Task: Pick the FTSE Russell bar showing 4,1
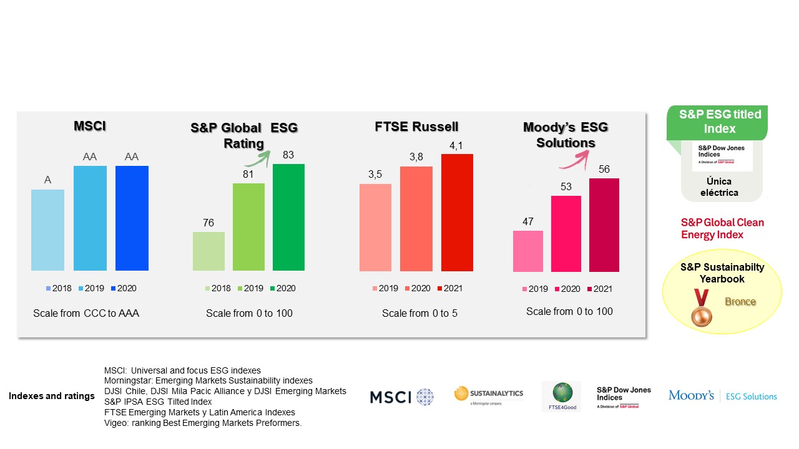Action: [457, 212]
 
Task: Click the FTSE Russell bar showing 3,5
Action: [375, 227]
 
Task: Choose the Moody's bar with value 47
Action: [528, 251]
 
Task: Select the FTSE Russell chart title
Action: [416, 127]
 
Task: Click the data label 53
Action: [566, 186]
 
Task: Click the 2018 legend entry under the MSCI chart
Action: [59, 288]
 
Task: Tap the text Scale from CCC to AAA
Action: [86, 313]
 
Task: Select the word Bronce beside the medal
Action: [740, 302]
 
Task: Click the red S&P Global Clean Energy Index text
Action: [722, 229]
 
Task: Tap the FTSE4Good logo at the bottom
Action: [561, 396]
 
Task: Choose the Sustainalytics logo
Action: [488, 395]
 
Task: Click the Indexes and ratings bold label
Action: [52, 396]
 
